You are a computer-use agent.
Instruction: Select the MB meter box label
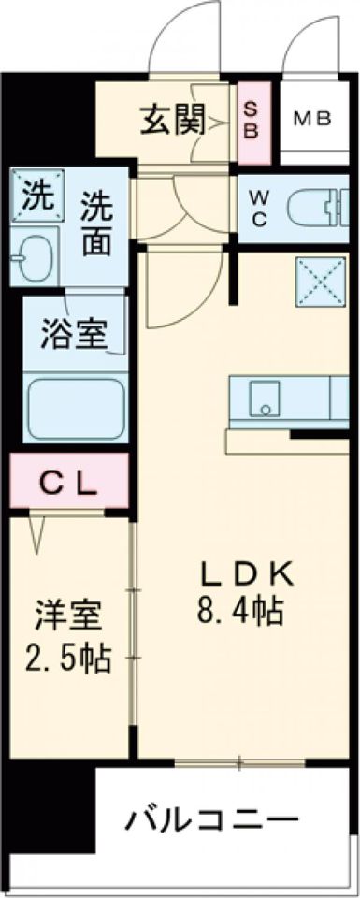315,119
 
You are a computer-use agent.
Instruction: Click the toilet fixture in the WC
314,207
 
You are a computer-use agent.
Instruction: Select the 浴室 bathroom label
73,333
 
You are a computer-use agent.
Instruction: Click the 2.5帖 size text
66,659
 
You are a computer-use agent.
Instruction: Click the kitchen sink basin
267,398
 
